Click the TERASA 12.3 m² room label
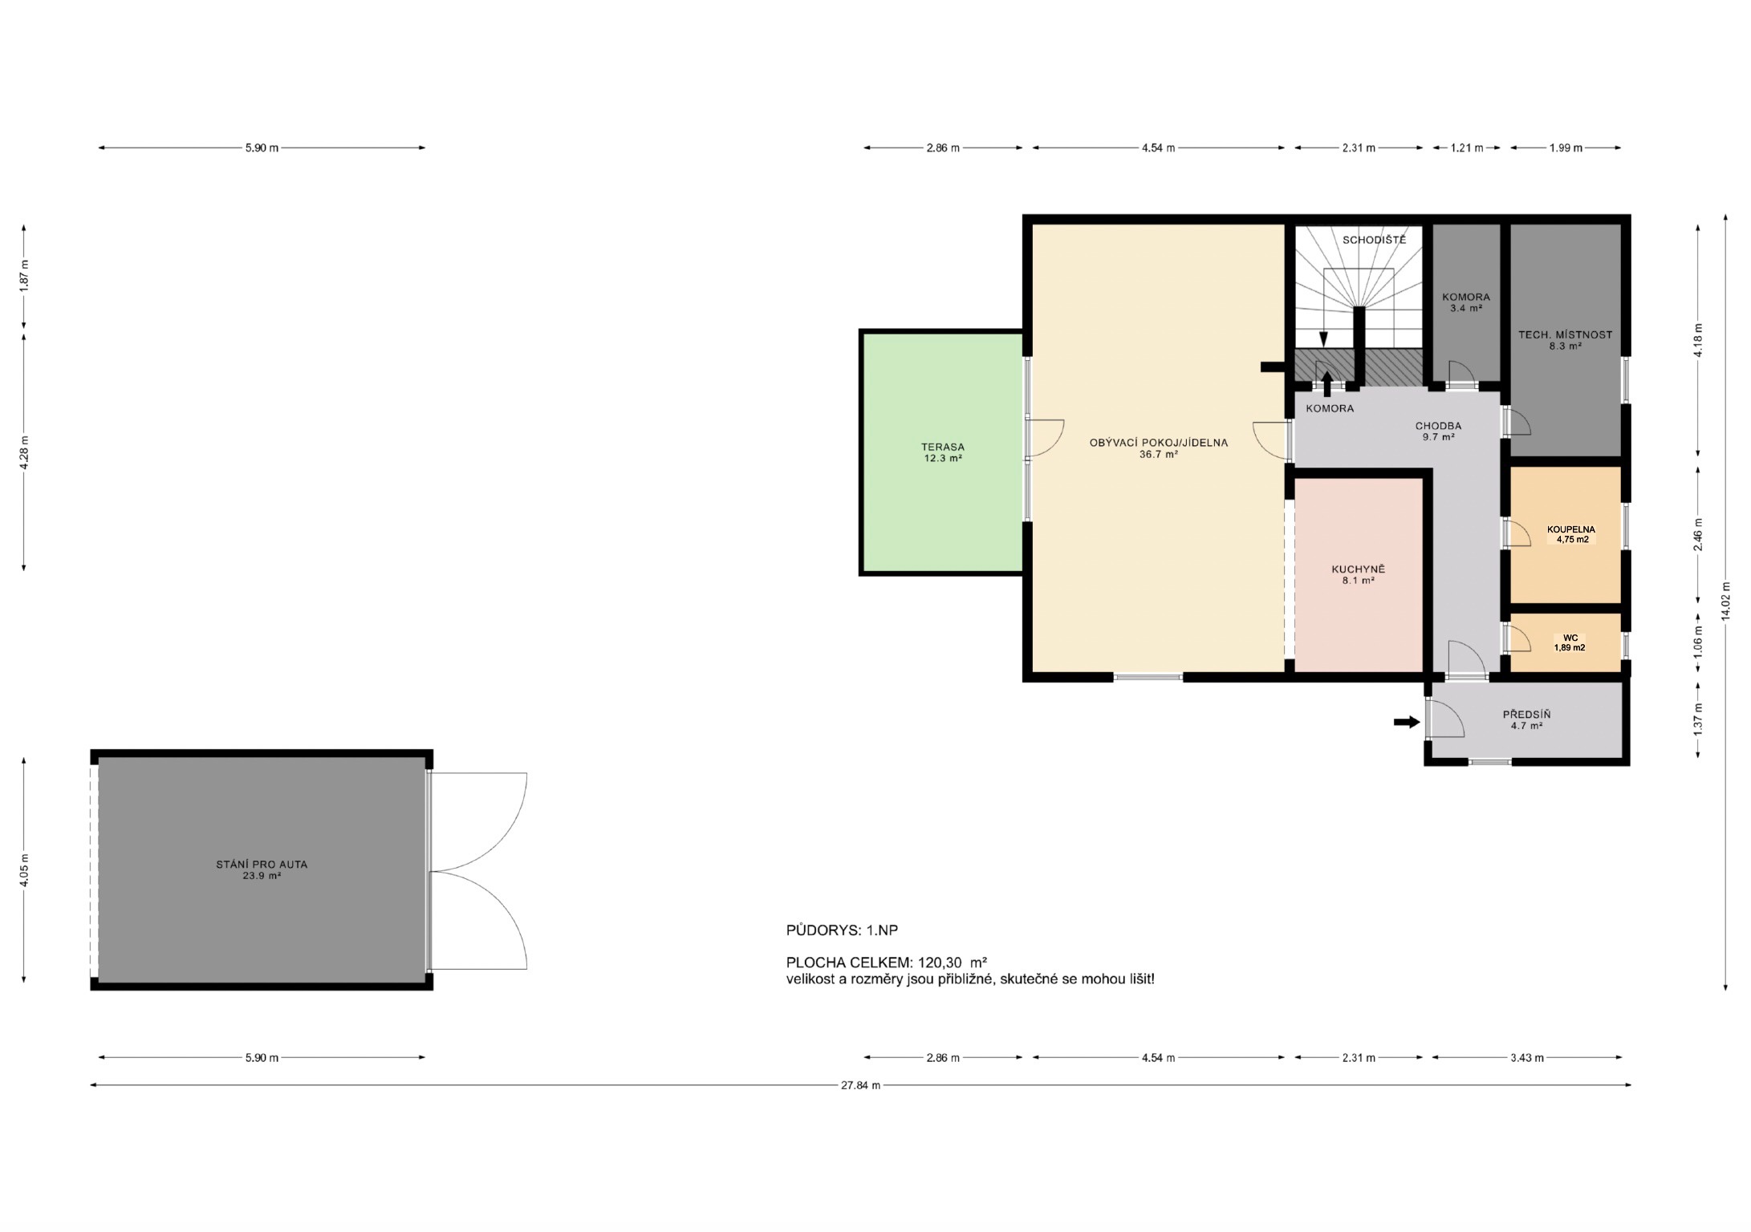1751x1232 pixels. coord(943,453)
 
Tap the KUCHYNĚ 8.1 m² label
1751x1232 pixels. coord(1358,575)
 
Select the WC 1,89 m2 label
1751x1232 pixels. coord(1570,643)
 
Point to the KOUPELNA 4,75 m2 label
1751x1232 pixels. coord(1571,535)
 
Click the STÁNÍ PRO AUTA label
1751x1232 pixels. coord(262,865)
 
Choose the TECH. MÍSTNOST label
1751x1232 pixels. coord(1565,335)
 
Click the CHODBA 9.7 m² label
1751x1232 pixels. coord(1438,432)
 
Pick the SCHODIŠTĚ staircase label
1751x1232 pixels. coord(1375,240)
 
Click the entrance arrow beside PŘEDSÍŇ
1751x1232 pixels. coord(1407,723)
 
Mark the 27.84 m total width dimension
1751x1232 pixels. coord(860,1085)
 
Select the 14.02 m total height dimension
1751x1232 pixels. coord(1726,602)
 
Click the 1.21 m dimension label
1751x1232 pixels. coord(1466,148)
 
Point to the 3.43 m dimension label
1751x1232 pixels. coord(1526,1058)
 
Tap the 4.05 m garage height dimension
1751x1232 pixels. coord(24,870)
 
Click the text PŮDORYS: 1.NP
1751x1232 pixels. coord(842,930)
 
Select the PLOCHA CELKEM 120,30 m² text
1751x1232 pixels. coord(887,962)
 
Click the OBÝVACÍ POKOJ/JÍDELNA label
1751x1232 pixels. coord(1158,443)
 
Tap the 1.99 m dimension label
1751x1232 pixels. coord(1566,148)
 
